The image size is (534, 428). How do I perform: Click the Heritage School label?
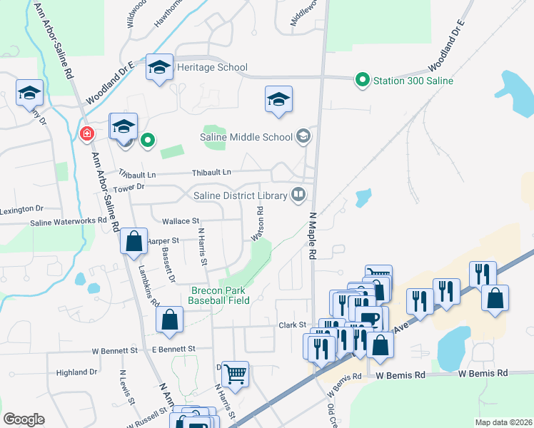(212, 67)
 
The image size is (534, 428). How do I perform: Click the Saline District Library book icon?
(298, 194)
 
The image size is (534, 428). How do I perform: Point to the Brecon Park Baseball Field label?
(219, 295)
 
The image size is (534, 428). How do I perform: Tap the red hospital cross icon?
(86, 133)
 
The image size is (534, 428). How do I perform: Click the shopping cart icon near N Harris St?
(235, 372)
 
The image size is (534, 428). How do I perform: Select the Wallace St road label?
(180, 222)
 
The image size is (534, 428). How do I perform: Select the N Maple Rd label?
(313, 235)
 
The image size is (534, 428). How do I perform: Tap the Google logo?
(24, 419)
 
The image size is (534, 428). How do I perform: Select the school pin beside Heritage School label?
(159, 68)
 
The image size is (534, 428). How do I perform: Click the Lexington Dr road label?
(21, 210)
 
